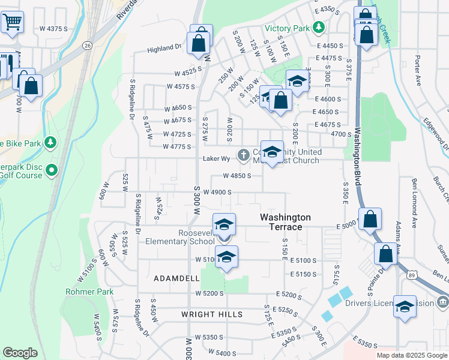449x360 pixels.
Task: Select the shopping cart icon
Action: click(x=11, y=23)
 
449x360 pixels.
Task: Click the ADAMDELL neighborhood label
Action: click(x=176, y=279)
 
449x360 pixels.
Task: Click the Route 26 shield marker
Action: click(x=88, y=45)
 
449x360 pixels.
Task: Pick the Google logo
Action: click(x=20, y=353)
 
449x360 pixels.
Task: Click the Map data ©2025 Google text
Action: click(x=412, y=355)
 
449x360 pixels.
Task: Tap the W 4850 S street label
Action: click(x=237, y=176)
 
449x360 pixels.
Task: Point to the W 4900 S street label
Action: click(x=217, y=192)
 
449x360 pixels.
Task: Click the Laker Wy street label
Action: click(x=216, y=159)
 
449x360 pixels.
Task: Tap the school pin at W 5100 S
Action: click(x=226, y=257)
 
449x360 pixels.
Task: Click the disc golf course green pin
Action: click(x=52, y=170)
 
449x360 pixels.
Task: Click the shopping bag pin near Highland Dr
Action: click(x=197, y=43)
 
